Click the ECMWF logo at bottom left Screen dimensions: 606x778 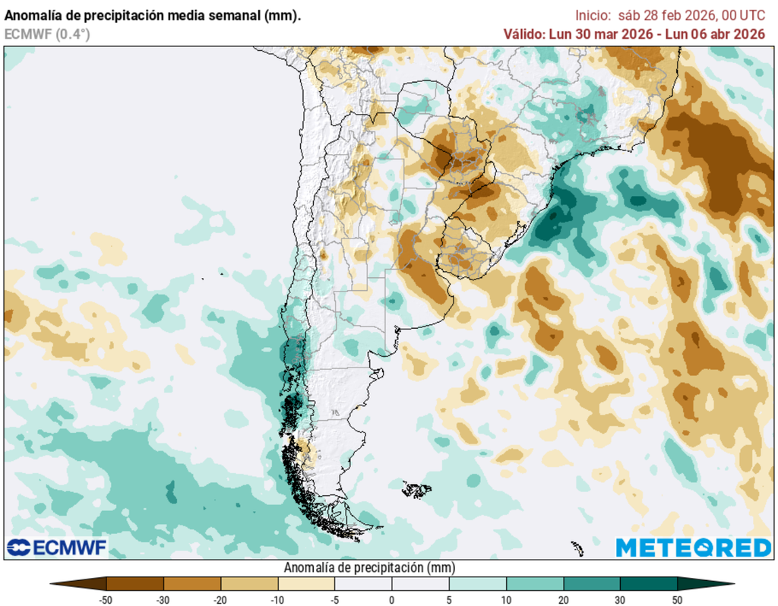click(57, 547)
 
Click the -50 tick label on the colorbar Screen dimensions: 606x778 click(107, 600)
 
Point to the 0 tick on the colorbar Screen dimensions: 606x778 click(392, 600)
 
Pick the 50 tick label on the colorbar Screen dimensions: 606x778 click(677, 600)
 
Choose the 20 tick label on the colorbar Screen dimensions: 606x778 click(563, 600)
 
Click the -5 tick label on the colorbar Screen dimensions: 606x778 click(335, 600)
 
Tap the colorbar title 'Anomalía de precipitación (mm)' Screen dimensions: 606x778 click(369, 568)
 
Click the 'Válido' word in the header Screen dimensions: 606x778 click(523, 33)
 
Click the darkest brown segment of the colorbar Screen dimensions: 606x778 click(135, 583)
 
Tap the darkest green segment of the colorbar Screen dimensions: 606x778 click(648, 583)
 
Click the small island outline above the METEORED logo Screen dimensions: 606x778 click(577, 547)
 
